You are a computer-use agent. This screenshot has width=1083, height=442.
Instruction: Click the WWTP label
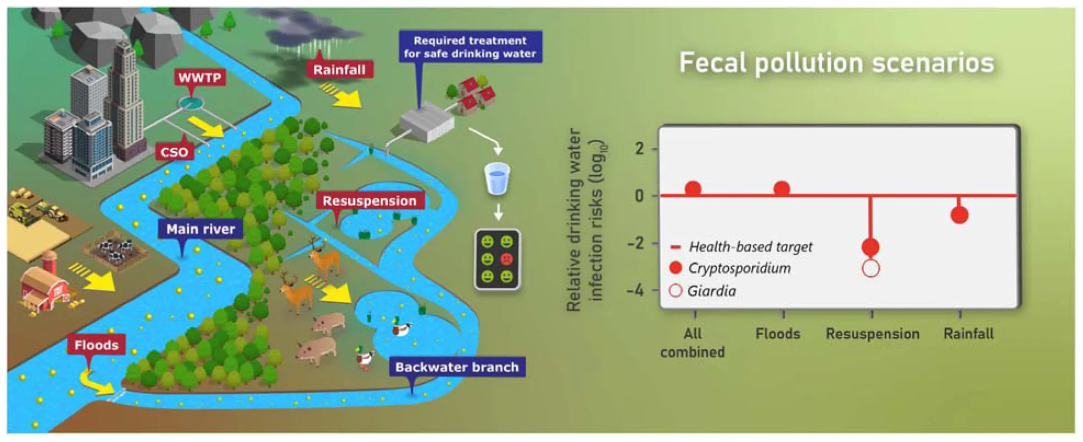[199, 77]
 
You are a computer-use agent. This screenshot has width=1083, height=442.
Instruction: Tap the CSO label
[174, 152]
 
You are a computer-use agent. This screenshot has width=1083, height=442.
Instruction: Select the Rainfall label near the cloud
[339, 70]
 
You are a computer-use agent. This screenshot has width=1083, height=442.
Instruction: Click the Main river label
[200, 229]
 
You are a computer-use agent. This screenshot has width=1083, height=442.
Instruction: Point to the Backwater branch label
[456, 367]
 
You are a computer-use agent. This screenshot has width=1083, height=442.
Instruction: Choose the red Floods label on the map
[96, 345]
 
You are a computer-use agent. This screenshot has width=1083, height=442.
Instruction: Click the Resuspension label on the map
[369, 201]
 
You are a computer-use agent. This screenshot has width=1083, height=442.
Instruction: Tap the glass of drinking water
[497, 178]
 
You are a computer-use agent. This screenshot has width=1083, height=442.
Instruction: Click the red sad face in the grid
[506, 259]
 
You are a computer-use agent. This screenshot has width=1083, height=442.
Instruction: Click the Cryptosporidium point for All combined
[693, 189]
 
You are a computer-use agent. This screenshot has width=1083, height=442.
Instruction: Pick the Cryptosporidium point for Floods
[781, 189]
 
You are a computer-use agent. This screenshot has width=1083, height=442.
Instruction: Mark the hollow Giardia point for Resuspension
[871, 268]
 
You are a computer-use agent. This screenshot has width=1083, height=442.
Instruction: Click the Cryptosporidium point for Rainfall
[959, 215]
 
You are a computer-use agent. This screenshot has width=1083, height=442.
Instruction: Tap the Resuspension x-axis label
[872, 334]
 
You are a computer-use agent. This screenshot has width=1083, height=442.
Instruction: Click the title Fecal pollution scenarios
[836, 63]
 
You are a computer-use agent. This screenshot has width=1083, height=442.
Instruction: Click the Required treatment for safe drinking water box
[470, 47]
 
